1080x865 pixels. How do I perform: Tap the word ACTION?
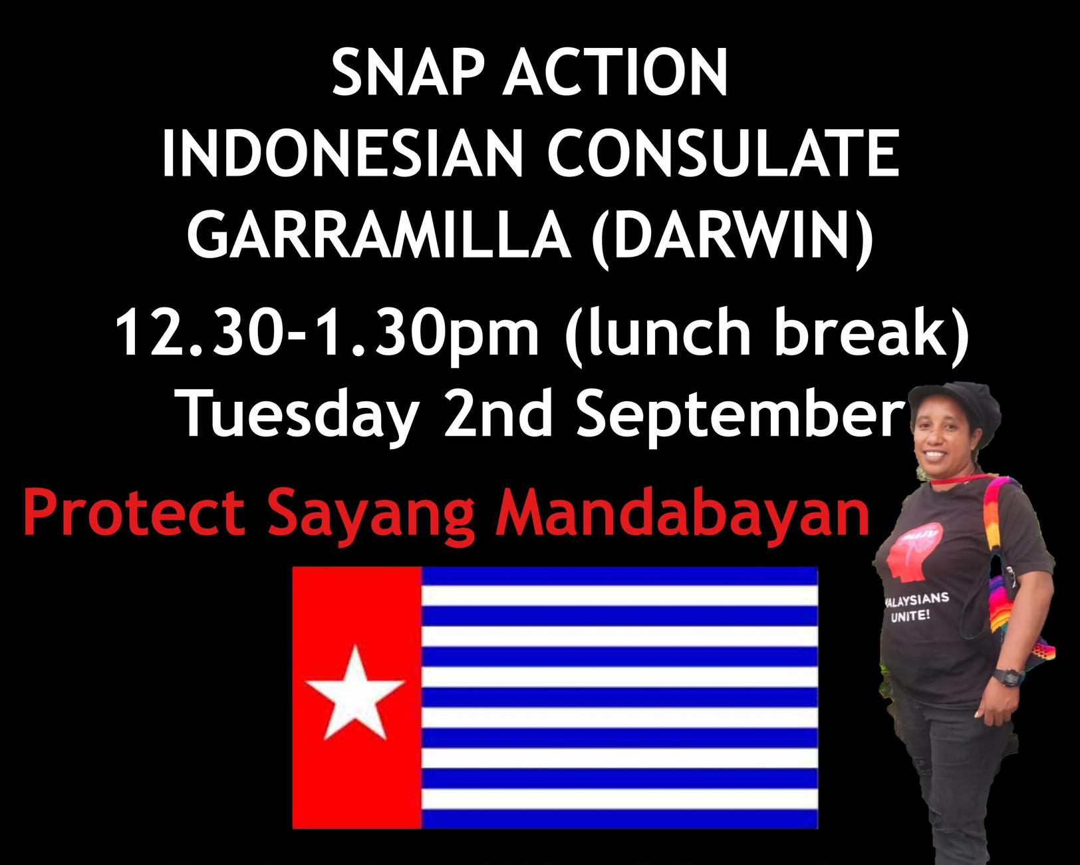coord(615,72)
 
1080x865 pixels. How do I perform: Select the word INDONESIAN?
coord(342,153)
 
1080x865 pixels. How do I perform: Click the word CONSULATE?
coord(722,153)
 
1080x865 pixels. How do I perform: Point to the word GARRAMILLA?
coord(380,234)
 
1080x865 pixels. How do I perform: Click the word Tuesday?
coord(299,416)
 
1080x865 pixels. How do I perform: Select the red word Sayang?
coord(371,518)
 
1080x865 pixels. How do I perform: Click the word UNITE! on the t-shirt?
coord(911,615)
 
